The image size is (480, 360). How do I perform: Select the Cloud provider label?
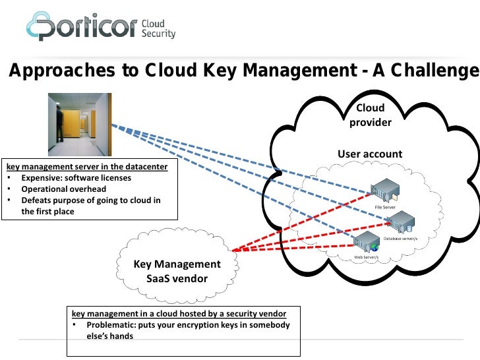coord(370,115)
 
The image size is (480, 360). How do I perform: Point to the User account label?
coord(370,154)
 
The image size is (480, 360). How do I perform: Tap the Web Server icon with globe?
coord(367,244)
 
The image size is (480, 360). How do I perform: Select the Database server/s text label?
coord(400,237)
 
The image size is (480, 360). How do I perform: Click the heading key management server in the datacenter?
coord(87,167)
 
